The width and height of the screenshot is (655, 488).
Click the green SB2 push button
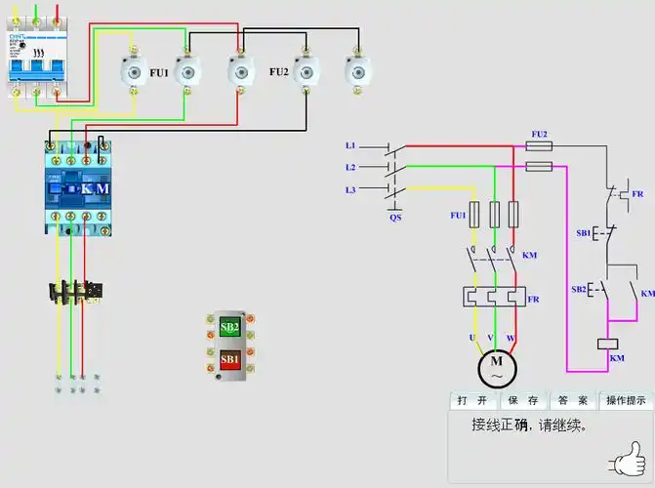229,327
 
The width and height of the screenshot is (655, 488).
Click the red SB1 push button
229,358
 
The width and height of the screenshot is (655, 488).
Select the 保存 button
524,401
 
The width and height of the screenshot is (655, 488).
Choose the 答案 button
574,401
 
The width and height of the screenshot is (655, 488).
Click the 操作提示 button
626,401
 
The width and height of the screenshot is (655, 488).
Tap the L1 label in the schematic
350,145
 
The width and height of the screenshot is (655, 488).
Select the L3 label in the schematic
350,189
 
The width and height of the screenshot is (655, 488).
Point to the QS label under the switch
395,218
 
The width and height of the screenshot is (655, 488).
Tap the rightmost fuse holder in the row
359,71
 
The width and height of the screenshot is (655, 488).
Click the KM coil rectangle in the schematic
607,344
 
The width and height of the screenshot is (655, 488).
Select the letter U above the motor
471,338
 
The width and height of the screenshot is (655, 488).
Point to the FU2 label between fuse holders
279,72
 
